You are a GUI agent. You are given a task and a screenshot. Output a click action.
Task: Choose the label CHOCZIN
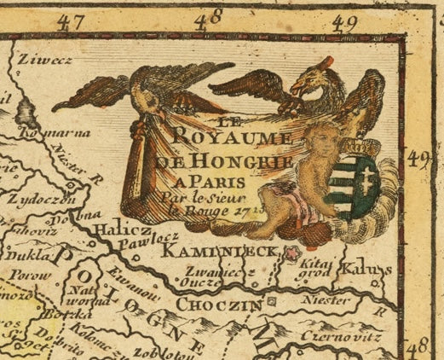coord(220,303)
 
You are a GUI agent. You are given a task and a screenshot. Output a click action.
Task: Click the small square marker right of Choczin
coord(272,301)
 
